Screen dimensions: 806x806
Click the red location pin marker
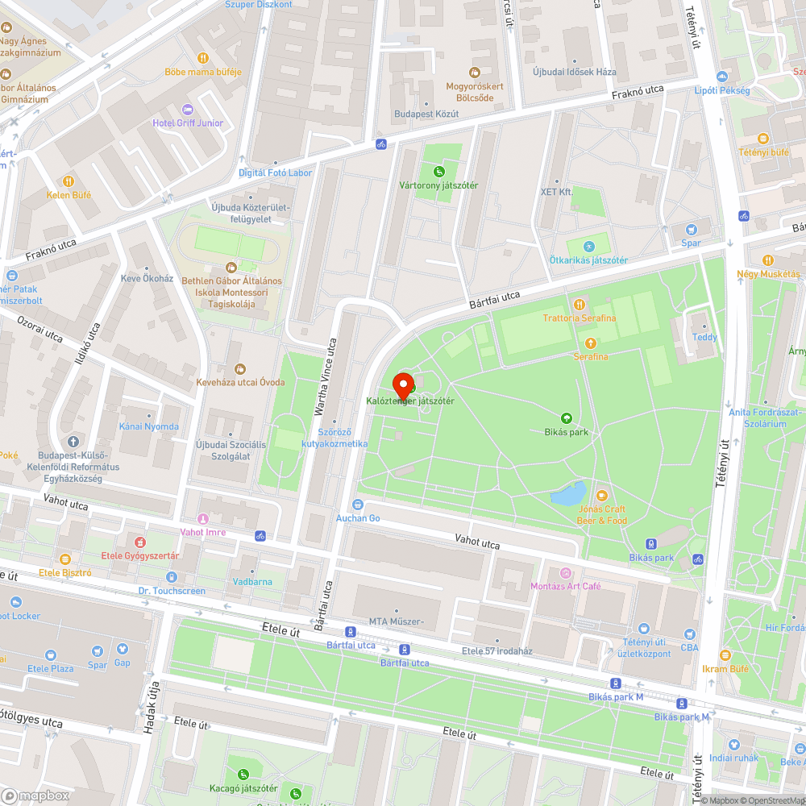tap(403, 384)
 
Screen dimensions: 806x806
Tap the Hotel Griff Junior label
tap(188, 123)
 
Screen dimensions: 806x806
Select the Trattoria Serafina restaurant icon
tap(579, 304)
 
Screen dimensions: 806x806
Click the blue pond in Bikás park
tap(568, 493)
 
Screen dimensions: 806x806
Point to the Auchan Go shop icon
tap(358, 505)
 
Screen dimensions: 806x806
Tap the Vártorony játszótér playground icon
tap(438, 171)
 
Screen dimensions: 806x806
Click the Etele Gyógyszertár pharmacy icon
tap(140, 542)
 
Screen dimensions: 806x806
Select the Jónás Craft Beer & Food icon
tap(601, 495)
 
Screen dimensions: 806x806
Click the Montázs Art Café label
tap(566, 586)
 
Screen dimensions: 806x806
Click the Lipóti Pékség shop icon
tap(721, 77)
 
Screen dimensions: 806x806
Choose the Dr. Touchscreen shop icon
tap(171, 577)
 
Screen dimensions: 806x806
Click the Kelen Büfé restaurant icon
tap(69, 181)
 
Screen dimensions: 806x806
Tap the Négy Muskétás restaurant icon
tap(767, 260)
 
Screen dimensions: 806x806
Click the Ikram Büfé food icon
tap(725, 655)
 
